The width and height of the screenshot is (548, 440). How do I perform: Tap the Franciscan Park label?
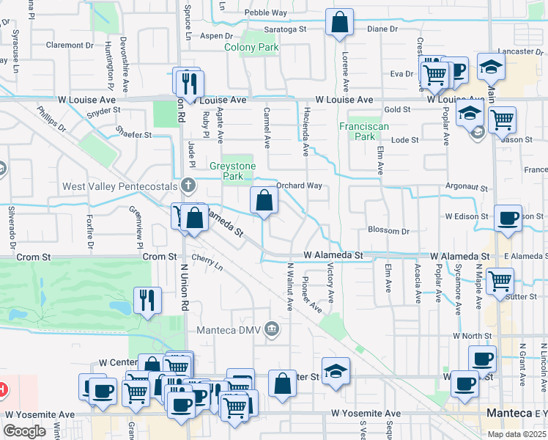(x=358, y=131)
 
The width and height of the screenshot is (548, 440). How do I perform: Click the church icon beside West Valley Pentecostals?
(x=189, y=186)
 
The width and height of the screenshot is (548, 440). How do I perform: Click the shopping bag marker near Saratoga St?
(x=339, y=23)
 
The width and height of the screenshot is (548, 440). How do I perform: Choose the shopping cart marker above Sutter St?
(x=500, y=279)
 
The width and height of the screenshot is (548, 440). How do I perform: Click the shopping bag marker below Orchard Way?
(x=264, y=199)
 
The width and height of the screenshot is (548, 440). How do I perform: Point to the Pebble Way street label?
(x=266, y=12)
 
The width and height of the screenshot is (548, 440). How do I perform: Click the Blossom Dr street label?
(x=388, y=230)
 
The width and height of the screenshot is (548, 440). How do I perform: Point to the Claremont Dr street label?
(x=70, y=45)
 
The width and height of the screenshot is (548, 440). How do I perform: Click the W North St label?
(x=470, y=335)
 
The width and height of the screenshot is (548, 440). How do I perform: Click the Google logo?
(x=24, y=431)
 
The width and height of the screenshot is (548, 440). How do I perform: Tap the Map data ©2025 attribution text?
(x=516, y=434)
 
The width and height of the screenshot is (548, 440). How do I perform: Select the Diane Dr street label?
(x=382, y=29)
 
